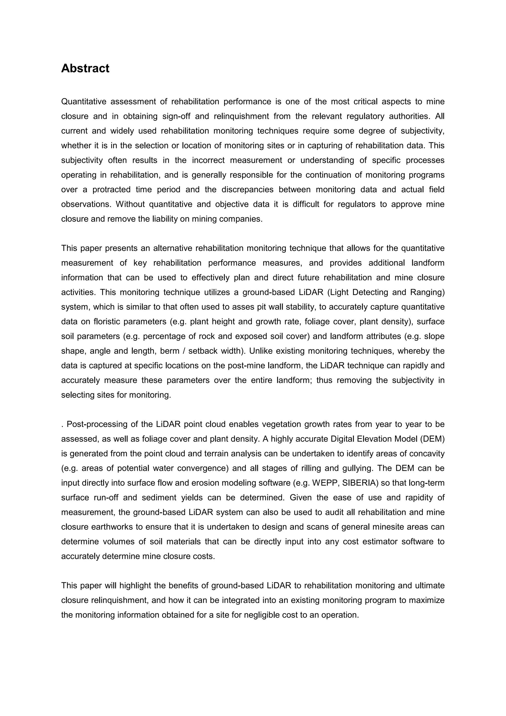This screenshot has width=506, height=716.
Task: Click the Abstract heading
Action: pyautogui.click(x=85, y=68)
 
